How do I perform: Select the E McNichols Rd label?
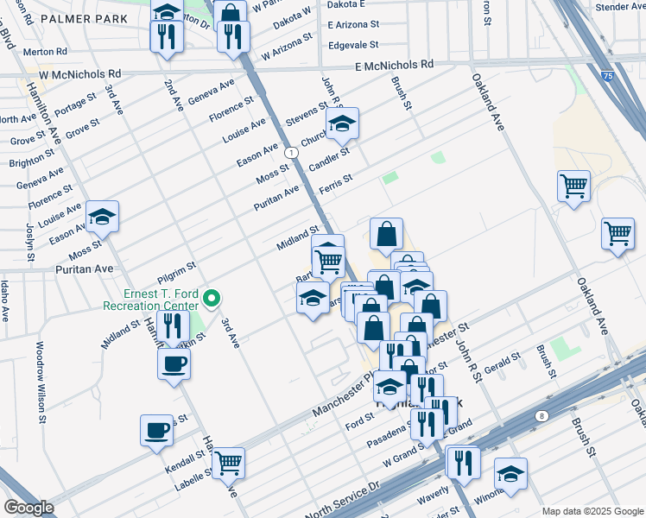(x=394, y=65)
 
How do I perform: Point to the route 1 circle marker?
(x=294, y=152)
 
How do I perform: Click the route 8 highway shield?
(x=541, y=415)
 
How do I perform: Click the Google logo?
(x=29, y=508)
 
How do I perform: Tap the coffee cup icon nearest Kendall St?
(x=158, y=429)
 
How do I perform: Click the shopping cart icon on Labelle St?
(x=228, y=462)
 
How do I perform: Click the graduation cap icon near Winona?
(x=510, y=473)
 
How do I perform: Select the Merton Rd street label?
(x=40, y=52)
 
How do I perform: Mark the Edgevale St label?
(x=352, y=44)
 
